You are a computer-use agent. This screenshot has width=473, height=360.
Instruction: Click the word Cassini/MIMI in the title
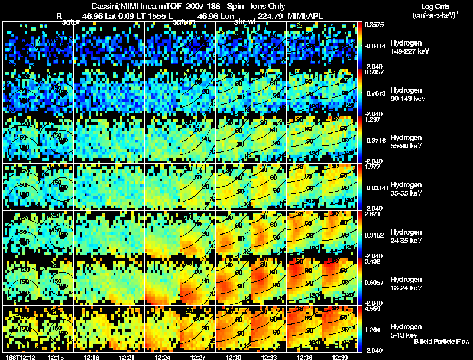pos(106,5)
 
